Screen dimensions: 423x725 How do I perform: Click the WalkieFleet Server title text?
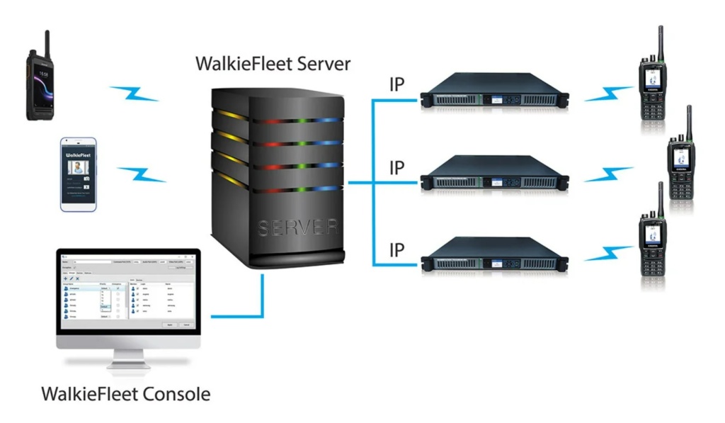(x=273, y=65)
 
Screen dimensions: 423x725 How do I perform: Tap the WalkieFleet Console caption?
(x=125, y=393)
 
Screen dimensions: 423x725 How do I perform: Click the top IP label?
(x=397, y=84)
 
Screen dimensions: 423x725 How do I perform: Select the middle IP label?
(x=397, y=168)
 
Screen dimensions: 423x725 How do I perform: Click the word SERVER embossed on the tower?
(x=282, y=228)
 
